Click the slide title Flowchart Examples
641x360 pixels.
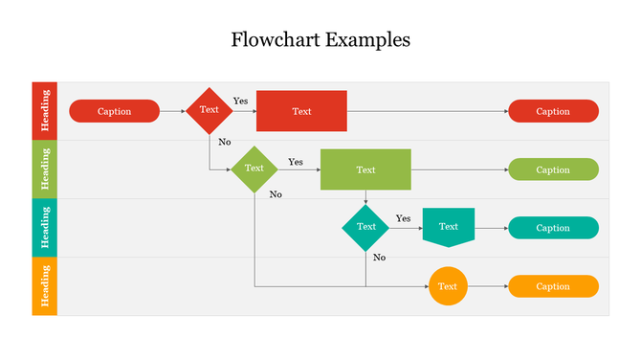[320, 40]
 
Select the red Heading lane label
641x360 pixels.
[45, 111]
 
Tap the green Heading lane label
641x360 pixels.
[45, 169]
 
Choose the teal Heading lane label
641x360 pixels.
[45, 228]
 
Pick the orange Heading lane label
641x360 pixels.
[45, 286]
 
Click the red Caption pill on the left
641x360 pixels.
[114, 111]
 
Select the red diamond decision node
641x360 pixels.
[209, 110]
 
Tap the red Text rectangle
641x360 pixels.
[301, 111]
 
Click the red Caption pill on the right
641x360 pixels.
[553, 111]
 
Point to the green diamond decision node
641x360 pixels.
[254, 169]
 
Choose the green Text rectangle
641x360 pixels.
[365, 169]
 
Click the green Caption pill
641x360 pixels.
[553, 169]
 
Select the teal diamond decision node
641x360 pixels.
[365, 227]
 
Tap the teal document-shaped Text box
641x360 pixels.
[448, 227]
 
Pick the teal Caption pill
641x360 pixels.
[553, 228]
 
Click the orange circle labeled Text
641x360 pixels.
[448, 286]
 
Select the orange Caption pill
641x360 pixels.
[553, 286]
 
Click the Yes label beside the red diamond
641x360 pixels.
[240, 101]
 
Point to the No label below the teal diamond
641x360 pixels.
[379, 258]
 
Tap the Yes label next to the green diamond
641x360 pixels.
[296, 162]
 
